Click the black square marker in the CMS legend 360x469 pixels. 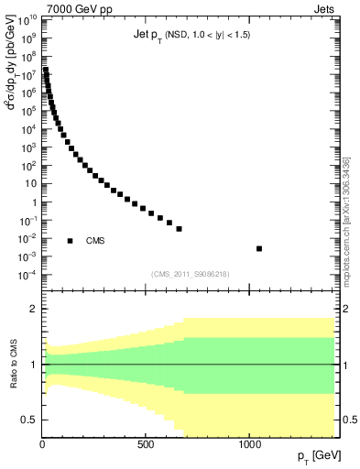pos(71,241)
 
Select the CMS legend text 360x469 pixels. pos(95,241)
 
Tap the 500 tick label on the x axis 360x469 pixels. pos(146,445)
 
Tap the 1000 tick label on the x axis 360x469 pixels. pos(250,445)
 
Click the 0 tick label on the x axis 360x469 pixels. pos(43,445)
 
